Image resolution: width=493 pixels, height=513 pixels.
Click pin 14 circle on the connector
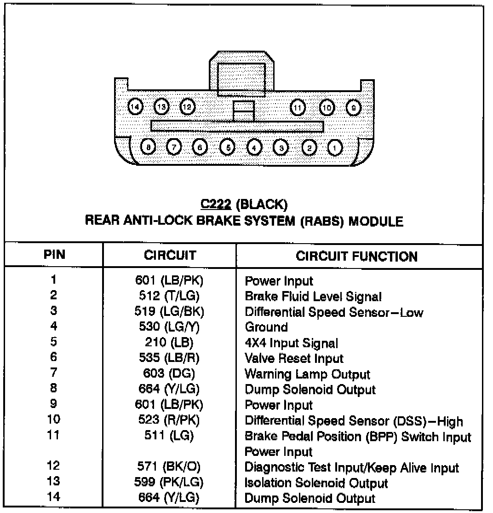(x=135, y=107)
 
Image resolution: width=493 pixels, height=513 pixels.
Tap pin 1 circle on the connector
(x=336, y=147)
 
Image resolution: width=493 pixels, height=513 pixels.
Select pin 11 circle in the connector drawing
(x=298, y=108)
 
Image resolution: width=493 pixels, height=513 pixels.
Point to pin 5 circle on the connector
(x=227, y=147)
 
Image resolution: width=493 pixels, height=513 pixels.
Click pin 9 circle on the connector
(x=353, y=107)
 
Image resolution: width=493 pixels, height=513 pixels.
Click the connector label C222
(x=216, y=204)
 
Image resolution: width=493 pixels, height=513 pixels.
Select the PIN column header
(x=54, y=255)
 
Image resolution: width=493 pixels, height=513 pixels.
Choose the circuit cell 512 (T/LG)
(x=169, y=296)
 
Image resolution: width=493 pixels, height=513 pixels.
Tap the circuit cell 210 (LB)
(x=169, y=343)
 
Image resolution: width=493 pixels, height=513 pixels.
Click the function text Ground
(x=266, y=327)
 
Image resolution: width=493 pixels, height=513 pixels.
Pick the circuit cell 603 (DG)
(x=169, y=374)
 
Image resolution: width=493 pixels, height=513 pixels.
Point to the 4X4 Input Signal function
(x=291, y=343)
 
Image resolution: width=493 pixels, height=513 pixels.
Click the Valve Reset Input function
(x=294, y=358)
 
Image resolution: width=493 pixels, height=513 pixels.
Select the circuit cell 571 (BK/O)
(x=169, y=467)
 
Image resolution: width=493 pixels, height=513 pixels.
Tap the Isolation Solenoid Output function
(x=316, y=483)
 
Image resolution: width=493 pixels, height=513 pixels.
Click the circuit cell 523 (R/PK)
(x=169, y=420)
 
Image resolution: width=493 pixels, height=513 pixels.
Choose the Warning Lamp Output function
(x=307, y=374)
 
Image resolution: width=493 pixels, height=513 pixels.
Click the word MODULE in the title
(x=376, y=222)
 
